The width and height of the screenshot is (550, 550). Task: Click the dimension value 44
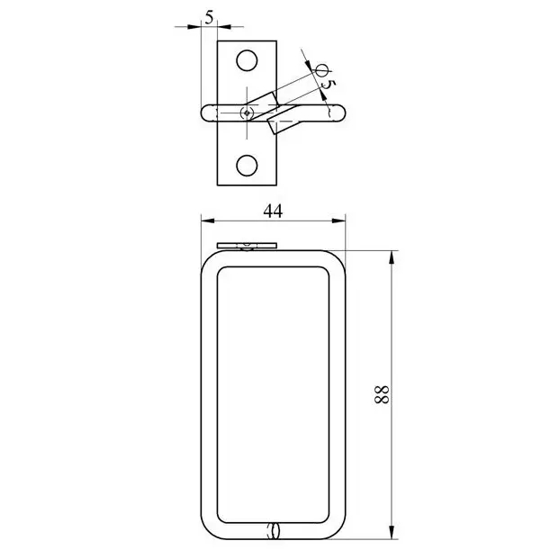(x=273, y=212)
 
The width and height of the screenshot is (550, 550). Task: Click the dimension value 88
(x=382, y=394)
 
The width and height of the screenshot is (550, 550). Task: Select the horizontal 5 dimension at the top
(x=209, y=17)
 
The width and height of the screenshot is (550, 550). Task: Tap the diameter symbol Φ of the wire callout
(x=321, y=70)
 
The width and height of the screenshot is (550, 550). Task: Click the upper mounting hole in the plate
(x=247, y=60)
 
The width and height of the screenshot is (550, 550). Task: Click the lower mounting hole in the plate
(x=247, y=166)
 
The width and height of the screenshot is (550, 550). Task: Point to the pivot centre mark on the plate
(x=247, y=113)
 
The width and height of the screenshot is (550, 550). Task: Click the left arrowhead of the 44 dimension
(x=208, y=221)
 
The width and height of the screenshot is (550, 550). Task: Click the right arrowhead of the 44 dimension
(x=338, y=221)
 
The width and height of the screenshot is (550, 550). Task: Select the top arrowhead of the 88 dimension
(x=392, y=257)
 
